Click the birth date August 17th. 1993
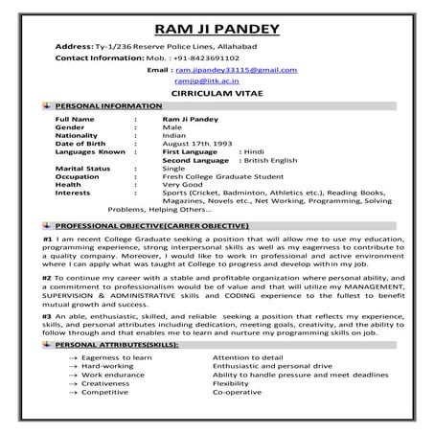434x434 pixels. [x=198, y=143]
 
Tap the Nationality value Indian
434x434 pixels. [x=176, y=134]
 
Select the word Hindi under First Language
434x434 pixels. [x=254, y=151]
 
